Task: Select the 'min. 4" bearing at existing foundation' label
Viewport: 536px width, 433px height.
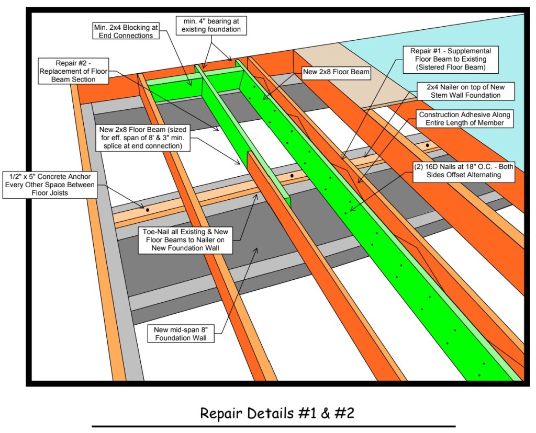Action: pos(211,25)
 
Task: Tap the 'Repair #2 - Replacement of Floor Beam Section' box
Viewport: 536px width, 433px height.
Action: pos(73,71)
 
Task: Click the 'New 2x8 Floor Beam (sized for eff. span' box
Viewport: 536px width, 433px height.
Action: pos(141,138)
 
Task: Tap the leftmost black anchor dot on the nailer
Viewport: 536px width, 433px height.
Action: pos(147,210)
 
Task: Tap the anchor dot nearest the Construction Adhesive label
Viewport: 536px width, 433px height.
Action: pos(428,145)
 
